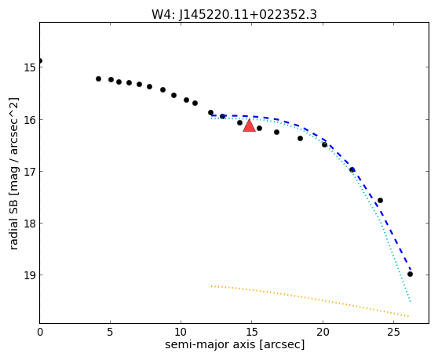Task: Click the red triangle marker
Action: (249, 125)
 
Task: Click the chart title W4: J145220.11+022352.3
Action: (234, 15)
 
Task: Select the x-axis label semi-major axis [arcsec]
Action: (235, 344)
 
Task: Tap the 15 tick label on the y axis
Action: (30, 67)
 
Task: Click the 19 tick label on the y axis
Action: (30, 275)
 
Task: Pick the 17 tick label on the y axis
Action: (30, 171)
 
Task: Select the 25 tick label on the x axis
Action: (393, 332)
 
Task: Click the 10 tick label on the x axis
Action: (181, 332)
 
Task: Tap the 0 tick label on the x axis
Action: (40, 332)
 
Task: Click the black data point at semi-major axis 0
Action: (40, 61)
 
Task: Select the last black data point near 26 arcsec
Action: (410, 274)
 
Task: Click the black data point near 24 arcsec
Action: (380, 200)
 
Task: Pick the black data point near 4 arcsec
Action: (98, 78)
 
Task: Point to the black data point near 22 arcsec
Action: (352, 169)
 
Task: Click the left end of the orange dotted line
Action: (211, 285)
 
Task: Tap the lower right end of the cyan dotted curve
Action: (411, 301)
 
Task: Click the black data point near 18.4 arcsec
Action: (301, 138)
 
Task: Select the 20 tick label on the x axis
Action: (323, 332)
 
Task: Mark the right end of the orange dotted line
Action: (409, 316)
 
